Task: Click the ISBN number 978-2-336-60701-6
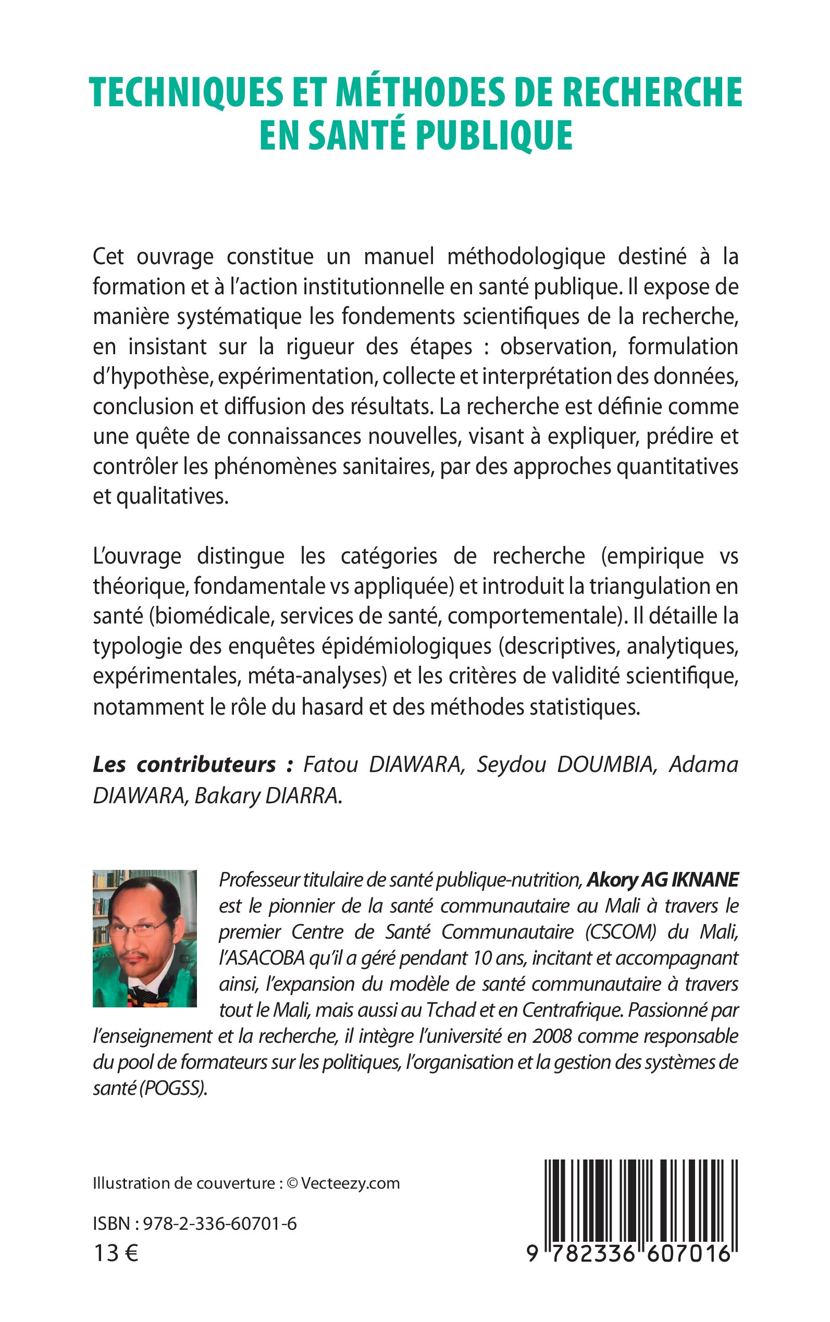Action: point(219,1223)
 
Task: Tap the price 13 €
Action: point(116,1253)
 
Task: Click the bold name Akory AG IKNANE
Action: point(663,880)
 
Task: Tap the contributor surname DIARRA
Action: point(303,796)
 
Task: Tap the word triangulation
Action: point(650,586)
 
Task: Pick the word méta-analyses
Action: point(314,676)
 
